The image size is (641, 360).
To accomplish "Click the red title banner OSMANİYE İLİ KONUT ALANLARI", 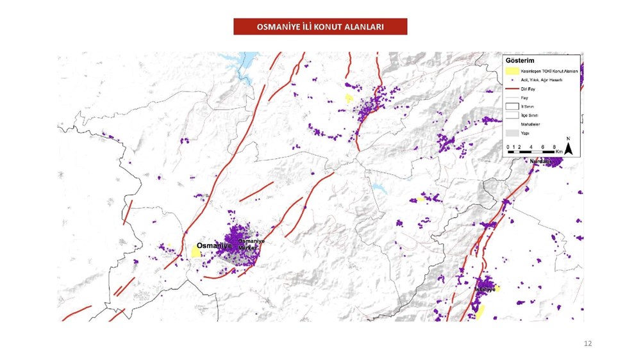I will coord(320,27).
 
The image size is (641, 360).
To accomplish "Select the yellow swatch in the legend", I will coord(512,71).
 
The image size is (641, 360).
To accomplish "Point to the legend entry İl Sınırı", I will coord(527,106).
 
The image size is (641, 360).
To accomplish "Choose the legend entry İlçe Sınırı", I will coord(529,115).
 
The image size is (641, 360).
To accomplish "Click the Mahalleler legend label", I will coord(530,124).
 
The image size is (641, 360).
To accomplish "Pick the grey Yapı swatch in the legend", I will coord(512,133).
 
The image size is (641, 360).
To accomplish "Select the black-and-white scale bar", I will coord(532,151).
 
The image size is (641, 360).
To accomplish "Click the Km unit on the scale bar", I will coord(559,151).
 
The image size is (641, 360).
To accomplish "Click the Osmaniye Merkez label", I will coord(251,244).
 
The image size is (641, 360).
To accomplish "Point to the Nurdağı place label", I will coord(540,161).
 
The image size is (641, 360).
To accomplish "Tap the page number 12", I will coord(588,344).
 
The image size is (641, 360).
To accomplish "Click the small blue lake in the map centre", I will coord(380,189).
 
